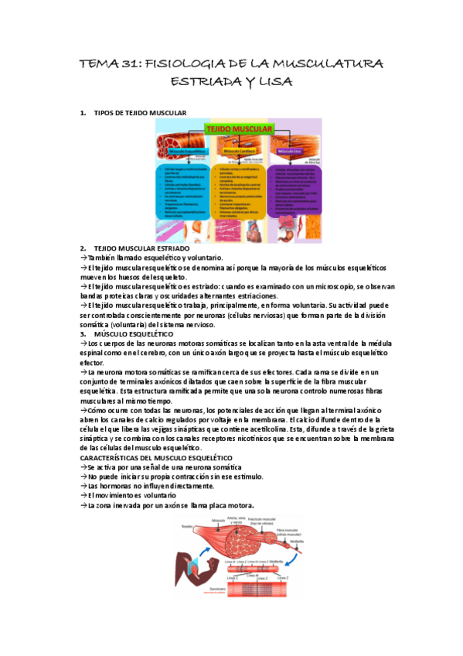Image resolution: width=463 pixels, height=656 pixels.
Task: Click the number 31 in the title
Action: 129,63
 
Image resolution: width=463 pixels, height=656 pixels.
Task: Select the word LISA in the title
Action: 274,81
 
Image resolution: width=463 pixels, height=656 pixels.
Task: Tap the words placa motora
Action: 233,505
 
